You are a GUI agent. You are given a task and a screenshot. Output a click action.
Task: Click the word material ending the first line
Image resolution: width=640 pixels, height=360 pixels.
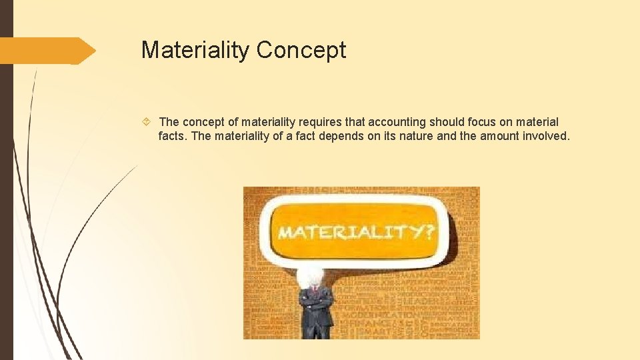pyautogui.click(x=537, y=122)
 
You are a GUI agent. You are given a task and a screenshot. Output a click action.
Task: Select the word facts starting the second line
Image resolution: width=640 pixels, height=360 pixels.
pyautogui.click(x=173, y=137)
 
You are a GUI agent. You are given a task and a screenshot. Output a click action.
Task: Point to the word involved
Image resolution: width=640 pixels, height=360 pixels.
pyautogui.click(x=547, y=137)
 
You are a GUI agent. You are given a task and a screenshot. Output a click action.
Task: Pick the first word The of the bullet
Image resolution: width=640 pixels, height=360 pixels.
pyautogui.click(x=169, y=122)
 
